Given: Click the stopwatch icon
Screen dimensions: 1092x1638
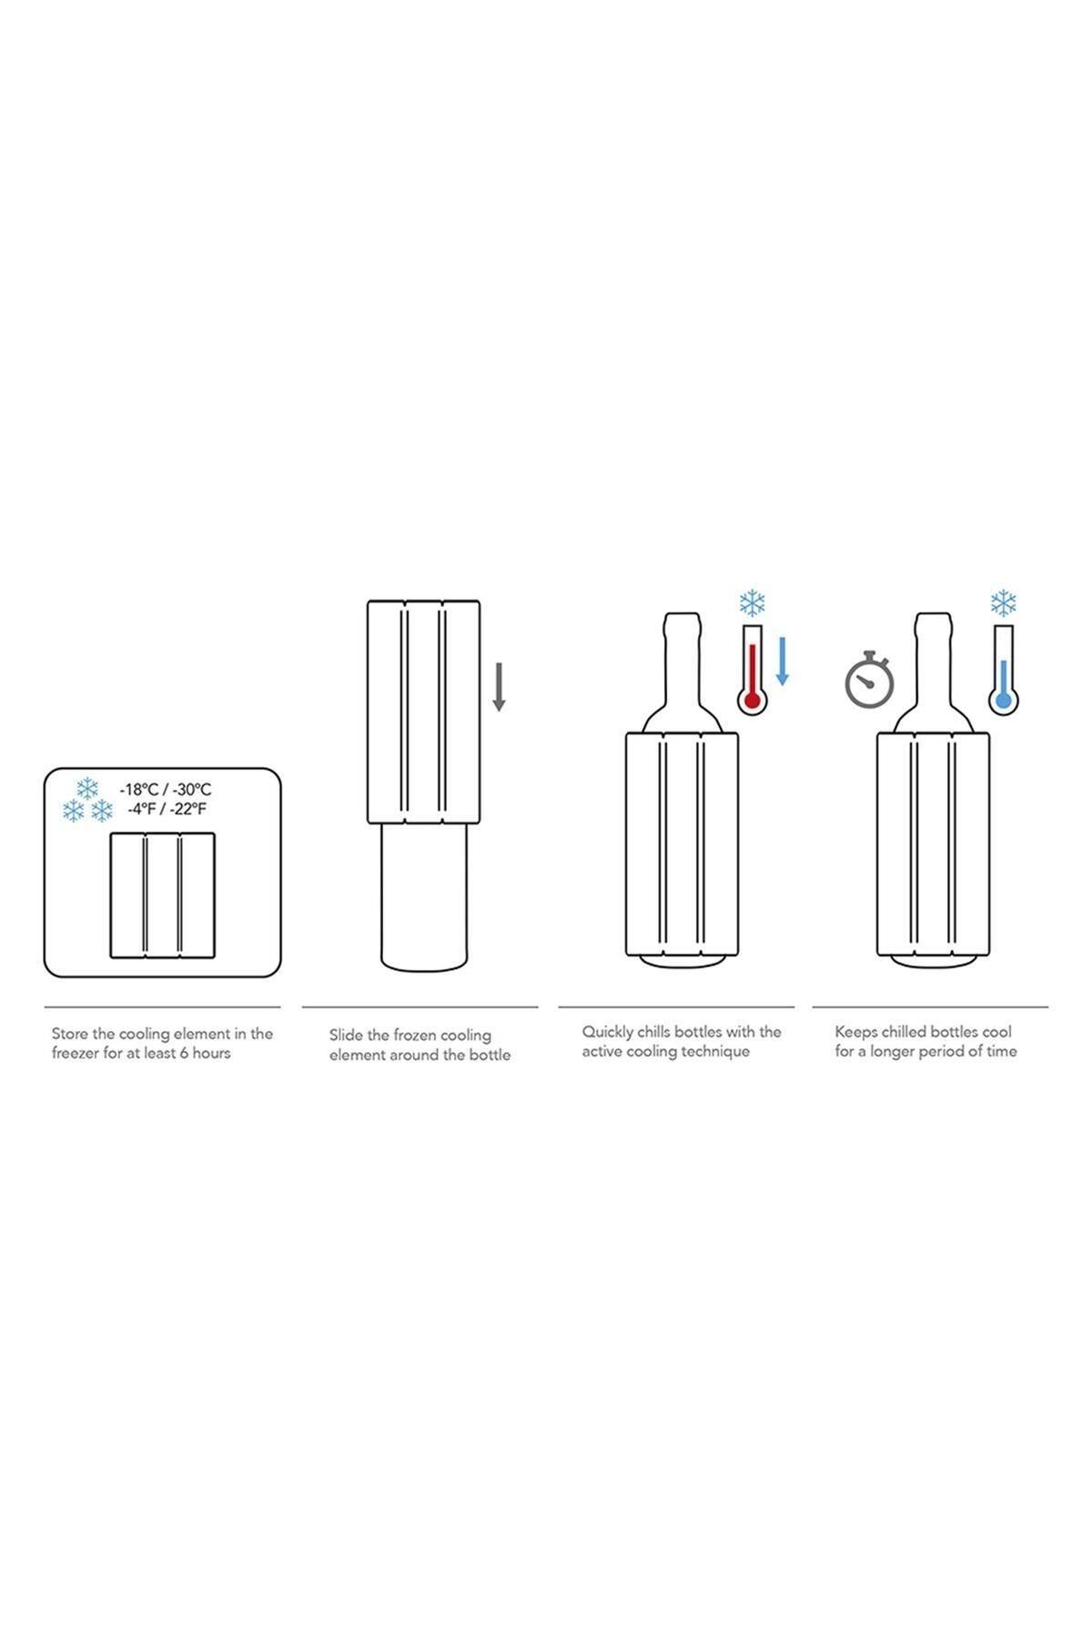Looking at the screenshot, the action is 869,679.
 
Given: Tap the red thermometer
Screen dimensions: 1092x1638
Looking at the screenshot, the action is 753,668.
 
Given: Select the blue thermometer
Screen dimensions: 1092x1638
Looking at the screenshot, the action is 1004,668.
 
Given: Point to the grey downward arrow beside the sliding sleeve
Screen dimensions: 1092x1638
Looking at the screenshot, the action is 499,687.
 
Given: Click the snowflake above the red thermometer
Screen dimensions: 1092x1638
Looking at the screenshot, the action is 752,602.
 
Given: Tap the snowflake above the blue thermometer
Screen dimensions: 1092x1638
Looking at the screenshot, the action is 1003,602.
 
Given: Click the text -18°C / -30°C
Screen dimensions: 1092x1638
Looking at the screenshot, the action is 166,789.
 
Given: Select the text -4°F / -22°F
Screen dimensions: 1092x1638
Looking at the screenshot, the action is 166,808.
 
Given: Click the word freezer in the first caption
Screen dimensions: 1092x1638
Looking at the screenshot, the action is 76,1053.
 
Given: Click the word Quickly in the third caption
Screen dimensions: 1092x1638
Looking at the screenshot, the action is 608,1032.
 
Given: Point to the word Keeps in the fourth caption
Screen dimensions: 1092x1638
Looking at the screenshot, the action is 856,1032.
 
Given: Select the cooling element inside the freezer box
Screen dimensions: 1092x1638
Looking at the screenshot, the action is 163,895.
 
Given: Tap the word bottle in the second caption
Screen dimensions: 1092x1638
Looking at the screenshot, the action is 490,1055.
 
